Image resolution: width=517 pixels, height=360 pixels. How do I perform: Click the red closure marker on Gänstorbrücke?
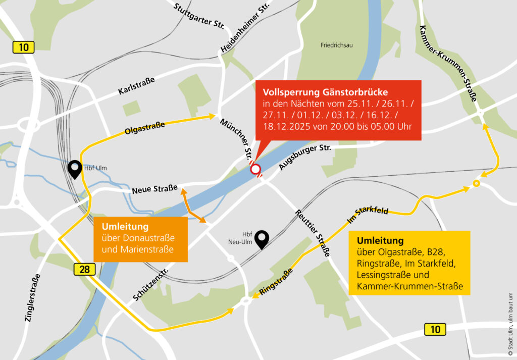[x=255, y=169]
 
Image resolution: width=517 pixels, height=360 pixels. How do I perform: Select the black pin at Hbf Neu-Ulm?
[x=262, y=239]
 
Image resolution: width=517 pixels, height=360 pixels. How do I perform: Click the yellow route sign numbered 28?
[x=84, y=269]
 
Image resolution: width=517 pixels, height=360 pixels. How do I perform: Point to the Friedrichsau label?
[x=337, y=45]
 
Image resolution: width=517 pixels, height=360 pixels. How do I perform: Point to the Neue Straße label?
[x=154, y=190]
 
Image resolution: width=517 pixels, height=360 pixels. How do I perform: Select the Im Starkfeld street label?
[x=367, y=215]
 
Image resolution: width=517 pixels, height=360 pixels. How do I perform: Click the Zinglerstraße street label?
[x=32, y=300]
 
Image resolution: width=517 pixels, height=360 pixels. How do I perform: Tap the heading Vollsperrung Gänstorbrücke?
[x=325, y=92]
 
